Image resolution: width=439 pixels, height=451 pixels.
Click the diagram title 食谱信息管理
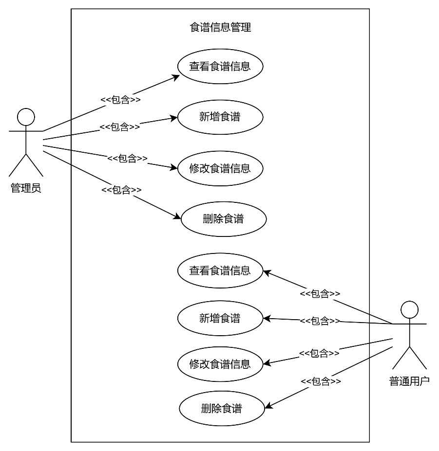point(220,27)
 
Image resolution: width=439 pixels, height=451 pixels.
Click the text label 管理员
point(26,188)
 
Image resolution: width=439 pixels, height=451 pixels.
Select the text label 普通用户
point(409,381)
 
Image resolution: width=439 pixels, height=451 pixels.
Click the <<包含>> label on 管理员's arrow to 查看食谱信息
point(121,100)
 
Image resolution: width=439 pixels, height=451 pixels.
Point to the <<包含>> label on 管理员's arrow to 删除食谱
point(121,190)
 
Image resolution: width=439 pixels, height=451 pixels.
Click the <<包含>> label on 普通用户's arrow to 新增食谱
point(320,321)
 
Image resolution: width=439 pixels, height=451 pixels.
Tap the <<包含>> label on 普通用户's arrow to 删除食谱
point(321,381)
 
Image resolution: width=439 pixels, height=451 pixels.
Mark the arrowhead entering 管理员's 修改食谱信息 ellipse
point(174,168)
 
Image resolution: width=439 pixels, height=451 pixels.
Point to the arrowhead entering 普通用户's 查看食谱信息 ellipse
point(266,272)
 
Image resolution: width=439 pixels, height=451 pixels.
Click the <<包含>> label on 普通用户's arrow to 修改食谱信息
point(319,353)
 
